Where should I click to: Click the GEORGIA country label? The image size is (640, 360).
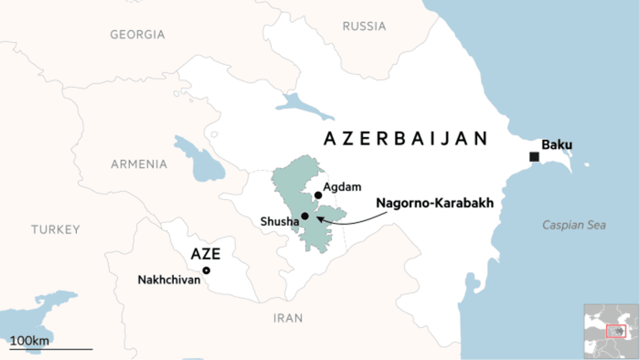tap(137, 35)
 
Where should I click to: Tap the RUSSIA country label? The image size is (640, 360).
tap(364, 26)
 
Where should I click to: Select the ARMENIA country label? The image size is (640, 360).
tap(139, 164)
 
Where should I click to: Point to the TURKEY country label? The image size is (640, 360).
tap(55, 230)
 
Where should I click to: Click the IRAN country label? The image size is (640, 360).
tap(287, 318)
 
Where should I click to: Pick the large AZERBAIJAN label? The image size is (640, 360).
tap(406, 139)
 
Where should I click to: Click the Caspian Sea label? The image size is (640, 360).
tap(574, 226)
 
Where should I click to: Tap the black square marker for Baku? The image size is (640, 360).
tap(533, 157)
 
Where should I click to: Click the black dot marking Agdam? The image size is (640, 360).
tap(318, 195)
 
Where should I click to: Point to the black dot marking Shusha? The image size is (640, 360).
tap(305, 216)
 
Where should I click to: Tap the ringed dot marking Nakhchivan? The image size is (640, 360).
tap(206, 270)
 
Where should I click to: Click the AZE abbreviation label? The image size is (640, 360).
tap(205, 254)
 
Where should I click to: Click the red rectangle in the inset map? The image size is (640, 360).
tap(616, 331)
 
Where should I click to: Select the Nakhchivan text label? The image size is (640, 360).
tap(169, 279)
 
